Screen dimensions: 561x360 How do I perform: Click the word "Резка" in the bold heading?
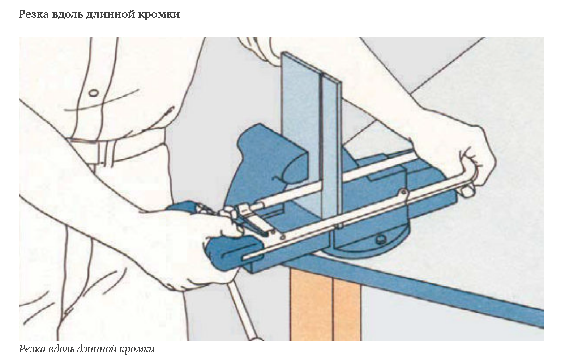(34, 14)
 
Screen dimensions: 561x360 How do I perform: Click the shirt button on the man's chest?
(93, 93)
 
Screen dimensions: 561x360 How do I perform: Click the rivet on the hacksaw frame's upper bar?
(403, 192)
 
